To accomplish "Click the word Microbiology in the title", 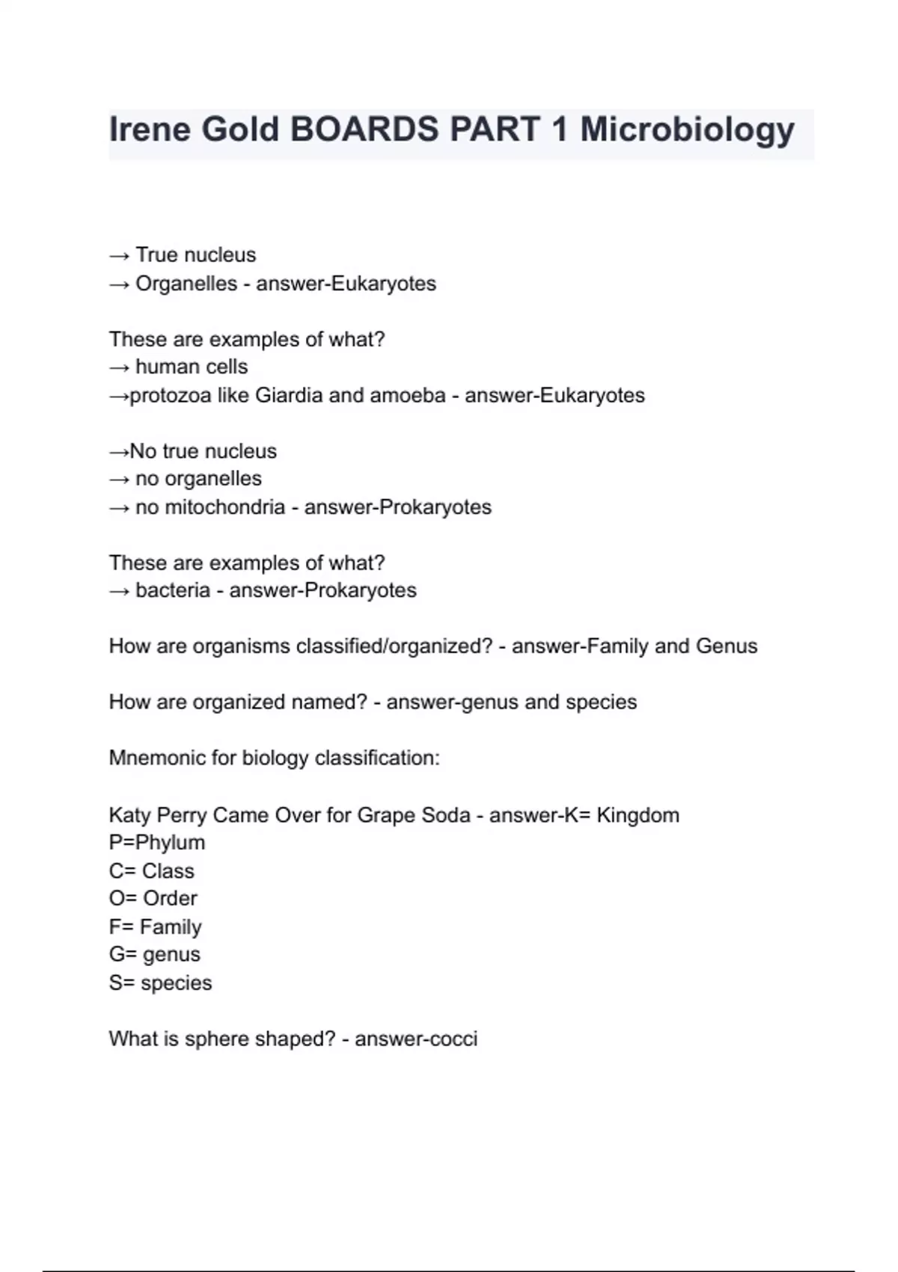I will click(x=687, y=130).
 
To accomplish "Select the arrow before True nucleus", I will click(x=119, y=256).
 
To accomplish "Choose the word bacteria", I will click(x=173, y=590).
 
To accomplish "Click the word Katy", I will click(x=129, y=815).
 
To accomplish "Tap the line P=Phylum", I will click(x=157, y=843).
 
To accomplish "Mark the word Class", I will click(x=168, y=871).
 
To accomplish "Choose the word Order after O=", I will click(x=170, y=899).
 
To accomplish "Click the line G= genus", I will click(x=155, y=955).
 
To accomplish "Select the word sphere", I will click(x=217, y=1039).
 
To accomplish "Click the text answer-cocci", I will click(x=416, y=1039).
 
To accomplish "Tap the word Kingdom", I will click(x=638, y=815).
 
